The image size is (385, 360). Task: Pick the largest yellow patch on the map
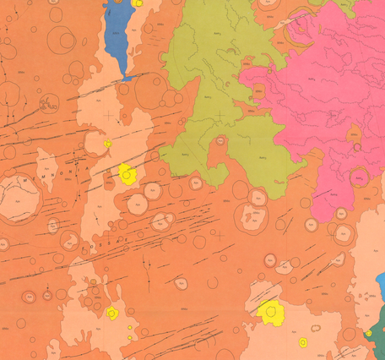(x=270, y=312)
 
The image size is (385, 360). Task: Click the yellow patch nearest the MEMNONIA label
(x=127, y=175)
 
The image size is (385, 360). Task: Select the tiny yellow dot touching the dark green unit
(x=368, y=335)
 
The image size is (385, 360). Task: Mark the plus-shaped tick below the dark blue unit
(x=109, y=114)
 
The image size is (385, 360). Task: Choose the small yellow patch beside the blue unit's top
(x=138, y=3)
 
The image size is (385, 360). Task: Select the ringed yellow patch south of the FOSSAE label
(x=111, y=314)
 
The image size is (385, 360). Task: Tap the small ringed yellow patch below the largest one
(x=302, y=342)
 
